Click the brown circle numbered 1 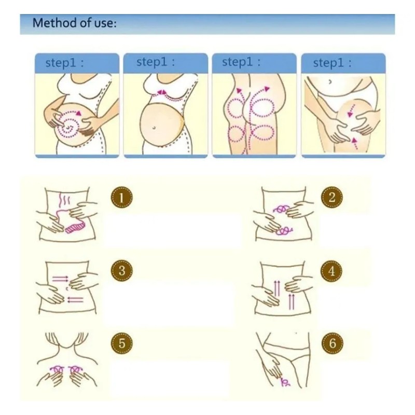coord(121,198)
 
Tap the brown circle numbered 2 coord(331,198)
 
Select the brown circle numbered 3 coord(121,270)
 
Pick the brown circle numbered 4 coord(331,270)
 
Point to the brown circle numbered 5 coord(121,343)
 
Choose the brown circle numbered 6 coord(331,343)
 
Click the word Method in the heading coord(50,23)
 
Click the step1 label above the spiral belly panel coord(64,63)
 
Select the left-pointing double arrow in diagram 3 coord(76,299)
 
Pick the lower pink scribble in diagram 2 coord(283,231)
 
